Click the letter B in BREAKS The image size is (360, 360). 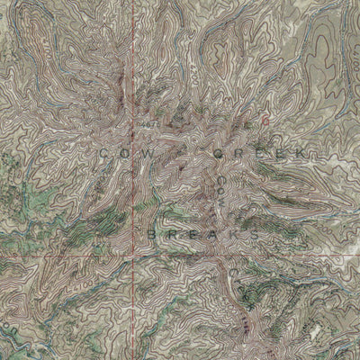click(x=152, y=233)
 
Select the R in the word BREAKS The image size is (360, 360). click(x=174, y=233)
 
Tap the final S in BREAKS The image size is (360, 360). click(x=257, y=233)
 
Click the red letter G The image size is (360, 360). click(x=265, y=117)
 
